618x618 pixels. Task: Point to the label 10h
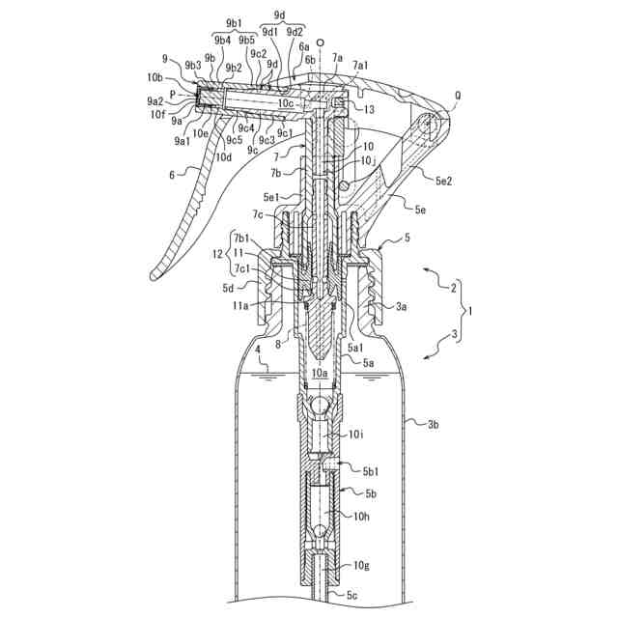pos(361,517)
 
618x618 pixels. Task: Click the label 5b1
pos(372,472)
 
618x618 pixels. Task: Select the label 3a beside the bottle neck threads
pos(401,306)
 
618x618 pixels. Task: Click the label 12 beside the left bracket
pos(218,253)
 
